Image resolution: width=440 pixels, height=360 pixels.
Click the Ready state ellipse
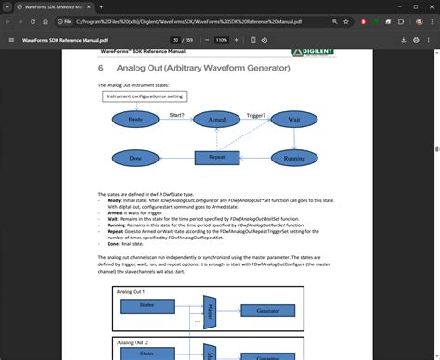136,120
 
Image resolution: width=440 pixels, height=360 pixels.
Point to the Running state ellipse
293,159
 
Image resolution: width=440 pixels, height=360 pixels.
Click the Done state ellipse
136,159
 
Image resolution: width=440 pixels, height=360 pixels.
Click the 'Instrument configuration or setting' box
145,96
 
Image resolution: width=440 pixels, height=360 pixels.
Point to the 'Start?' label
176,114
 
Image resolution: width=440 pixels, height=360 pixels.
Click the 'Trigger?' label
255,114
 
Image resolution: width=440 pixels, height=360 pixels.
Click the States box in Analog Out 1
148,305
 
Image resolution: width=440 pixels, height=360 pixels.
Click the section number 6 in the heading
101,68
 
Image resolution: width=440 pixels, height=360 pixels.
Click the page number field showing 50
175,41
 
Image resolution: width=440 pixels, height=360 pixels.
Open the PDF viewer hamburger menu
11,41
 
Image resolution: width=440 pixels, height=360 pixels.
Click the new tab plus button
89,6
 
